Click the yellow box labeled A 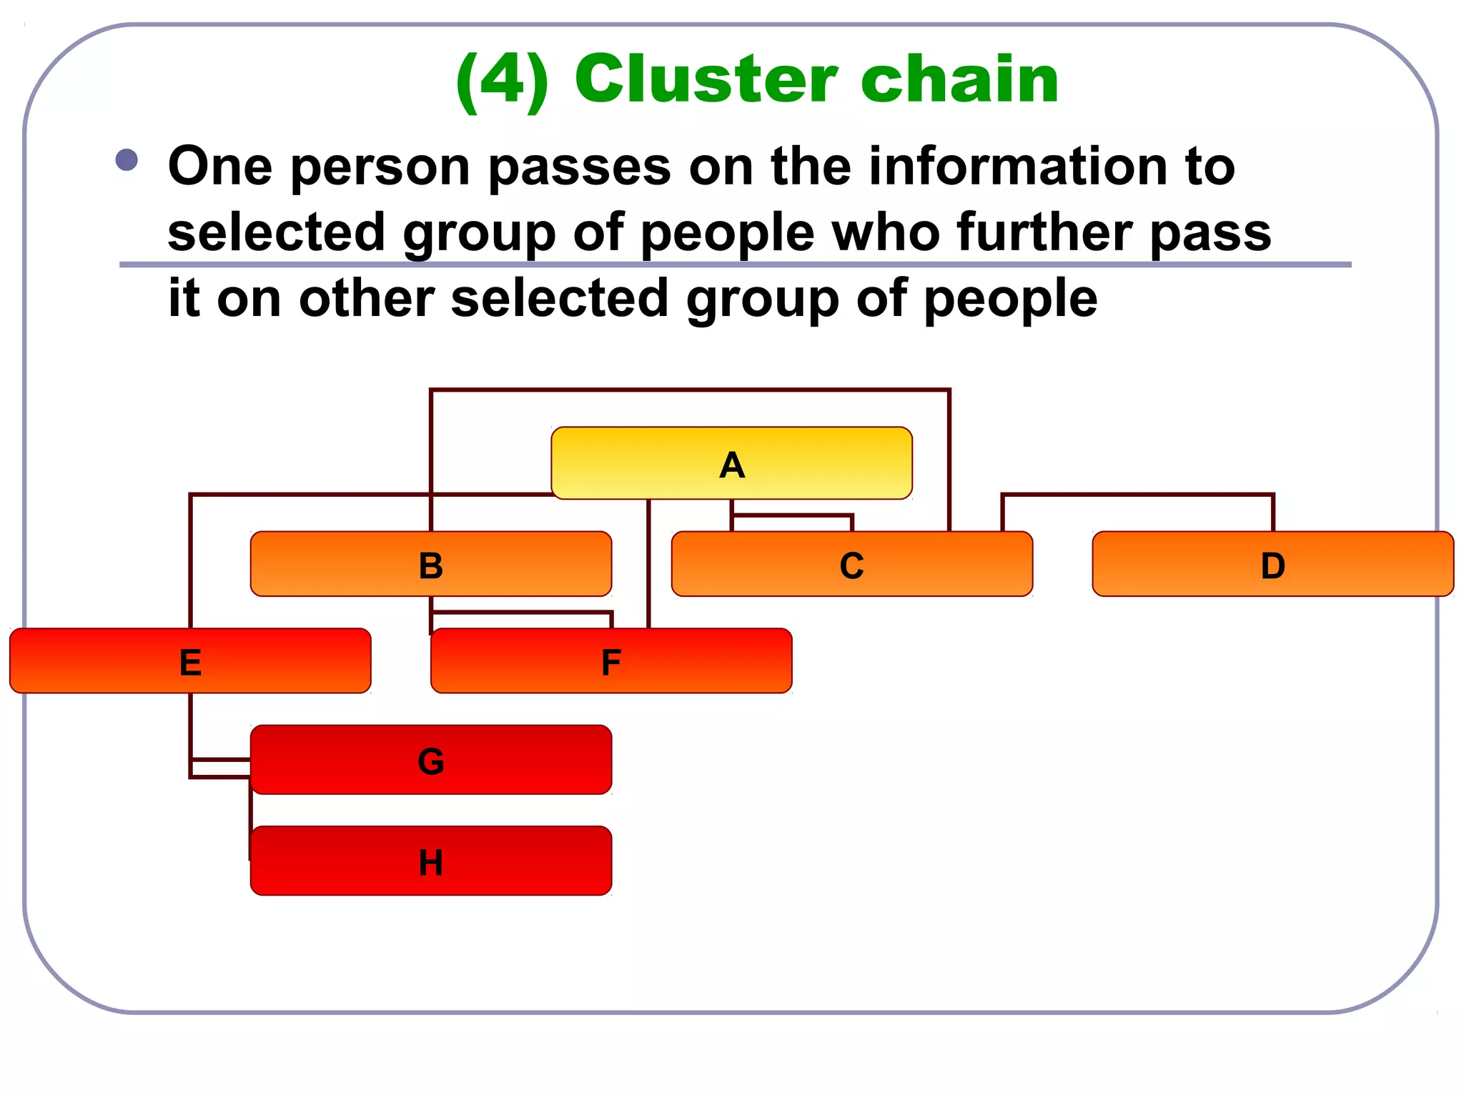click(x=731, y=463)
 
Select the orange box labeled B click(x=430, y=564)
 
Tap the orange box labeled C click(x=851, y=564)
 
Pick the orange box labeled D click(x=1272, y=564)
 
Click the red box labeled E click(x=190, y=661)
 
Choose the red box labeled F click(x=611, y=661)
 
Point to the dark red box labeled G click(x=430, y=760)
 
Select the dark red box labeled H click(x=430, y=861)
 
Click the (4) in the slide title click(x=503, y=80)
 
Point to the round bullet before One click(x=127, y=160)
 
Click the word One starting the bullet click(x=220, y=166)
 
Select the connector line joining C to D click(x=1137, y=495)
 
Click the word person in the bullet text click(x=380, y=167)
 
